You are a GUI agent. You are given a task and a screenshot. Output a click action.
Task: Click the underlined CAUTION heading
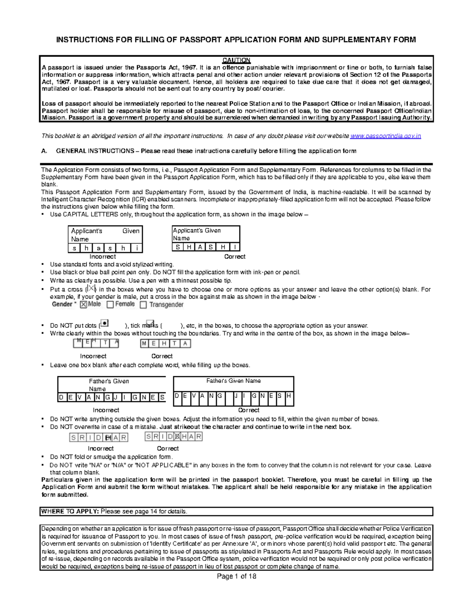click(x=236, y=60)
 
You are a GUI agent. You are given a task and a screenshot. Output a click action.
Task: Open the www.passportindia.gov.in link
click(x=386, y=136)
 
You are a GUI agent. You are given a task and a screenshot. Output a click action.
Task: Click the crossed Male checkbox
click(x=84, y=305)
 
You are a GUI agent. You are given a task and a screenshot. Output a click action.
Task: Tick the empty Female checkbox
click(x=110, y=305)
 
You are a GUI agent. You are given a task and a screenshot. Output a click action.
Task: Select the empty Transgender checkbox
click(x=143, y=305)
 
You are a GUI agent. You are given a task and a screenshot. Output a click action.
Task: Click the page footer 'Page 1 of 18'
click(x=236, y=576)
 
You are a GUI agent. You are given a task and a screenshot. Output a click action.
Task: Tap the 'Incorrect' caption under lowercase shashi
click(x=103, y=257)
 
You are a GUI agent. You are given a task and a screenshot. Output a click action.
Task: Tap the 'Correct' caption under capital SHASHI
click(x=234, y=257)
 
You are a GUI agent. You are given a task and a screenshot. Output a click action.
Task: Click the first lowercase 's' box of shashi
click(x=74, y=248)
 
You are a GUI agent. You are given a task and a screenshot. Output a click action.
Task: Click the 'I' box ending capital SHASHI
click(x=234, y=247)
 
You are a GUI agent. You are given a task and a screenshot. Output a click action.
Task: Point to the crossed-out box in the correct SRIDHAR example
click(x=177, y=437)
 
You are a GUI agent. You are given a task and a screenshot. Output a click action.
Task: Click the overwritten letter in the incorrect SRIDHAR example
click(x=108, y=437)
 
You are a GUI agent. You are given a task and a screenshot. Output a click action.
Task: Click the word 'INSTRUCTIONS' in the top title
click(x=85, y=40)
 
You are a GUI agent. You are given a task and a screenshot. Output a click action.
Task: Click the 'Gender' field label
click(x=62, y=304)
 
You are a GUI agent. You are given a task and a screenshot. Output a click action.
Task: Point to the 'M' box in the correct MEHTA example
click(x=144, y=343)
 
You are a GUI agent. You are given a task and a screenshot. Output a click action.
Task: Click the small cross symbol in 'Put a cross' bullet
click(x=91, y=288)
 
